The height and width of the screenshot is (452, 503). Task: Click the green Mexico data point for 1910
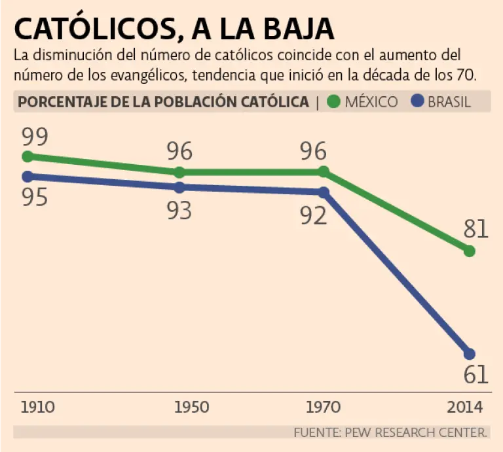point(28,156)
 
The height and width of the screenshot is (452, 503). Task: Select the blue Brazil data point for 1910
point(28,176)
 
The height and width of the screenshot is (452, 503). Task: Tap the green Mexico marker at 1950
point(179,172)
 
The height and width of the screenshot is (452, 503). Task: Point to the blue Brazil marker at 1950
point(179,187)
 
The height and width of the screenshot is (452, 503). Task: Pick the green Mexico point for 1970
point(323,171)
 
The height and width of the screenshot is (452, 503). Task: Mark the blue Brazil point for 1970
point(323,192)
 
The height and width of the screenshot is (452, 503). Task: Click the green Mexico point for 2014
point(469,251)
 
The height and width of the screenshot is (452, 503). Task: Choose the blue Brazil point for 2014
point(469,353)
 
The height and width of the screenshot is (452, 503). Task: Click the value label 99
point(35,137)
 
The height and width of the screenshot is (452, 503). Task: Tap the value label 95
point(35,197)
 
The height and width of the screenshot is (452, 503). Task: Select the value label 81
point(475,229)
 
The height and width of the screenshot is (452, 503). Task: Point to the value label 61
point(475,375)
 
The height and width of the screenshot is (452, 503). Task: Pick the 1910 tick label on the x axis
point(37,407)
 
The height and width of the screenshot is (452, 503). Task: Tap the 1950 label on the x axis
point(192,407)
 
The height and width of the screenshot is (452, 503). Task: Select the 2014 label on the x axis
point(465,407)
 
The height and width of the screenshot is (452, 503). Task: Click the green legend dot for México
point(334,101)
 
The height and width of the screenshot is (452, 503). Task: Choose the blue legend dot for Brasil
point(417,101)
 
